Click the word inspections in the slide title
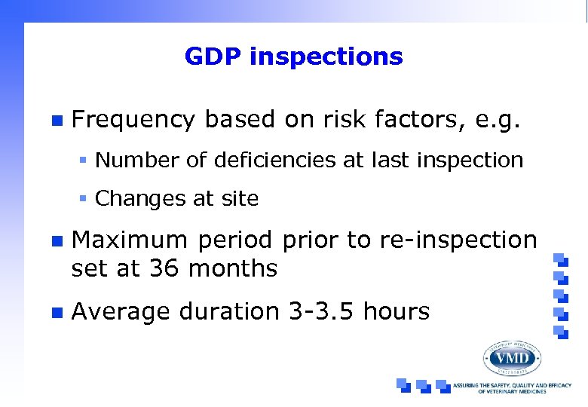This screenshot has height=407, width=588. tap(327, 57)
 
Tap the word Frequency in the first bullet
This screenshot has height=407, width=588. tap(133, 119)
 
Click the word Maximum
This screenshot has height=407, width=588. tap(129, 240)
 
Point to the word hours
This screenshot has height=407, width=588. tap(397, 311)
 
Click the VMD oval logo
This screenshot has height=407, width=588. tap(513, 358)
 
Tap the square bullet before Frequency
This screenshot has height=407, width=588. tap(55, 120)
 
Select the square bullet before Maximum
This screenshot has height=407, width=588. tap(55, 241)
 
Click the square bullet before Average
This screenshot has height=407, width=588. tap(55, 311)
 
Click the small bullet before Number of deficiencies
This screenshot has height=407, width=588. tap(85, 161)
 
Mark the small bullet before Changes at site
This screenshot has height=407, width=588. tap(85, 199)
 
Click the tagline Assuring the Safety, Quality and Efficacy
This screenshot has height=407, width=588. tap(517, 388)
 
